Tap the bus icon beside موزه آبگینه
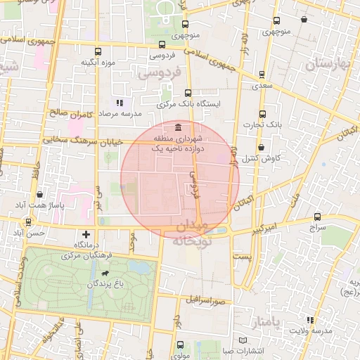[98, 51]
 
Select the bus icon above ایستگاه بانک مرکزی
[188, 93]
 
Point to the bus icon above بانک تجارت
[263, 114]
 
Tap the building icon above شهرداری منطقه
[175, 127]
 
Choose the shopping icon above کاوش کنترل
[262, 148]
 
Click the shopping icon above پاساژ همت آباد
[38, 194]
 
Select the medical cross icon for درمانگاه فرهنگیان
[86, 233]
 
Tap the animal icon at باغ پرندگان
[105, 273]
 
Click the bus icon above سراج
[317, 218]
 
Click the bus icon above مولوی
[180, 345]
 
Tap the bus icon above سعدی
[262, 73]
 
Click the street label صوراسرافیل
[205, 300]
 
